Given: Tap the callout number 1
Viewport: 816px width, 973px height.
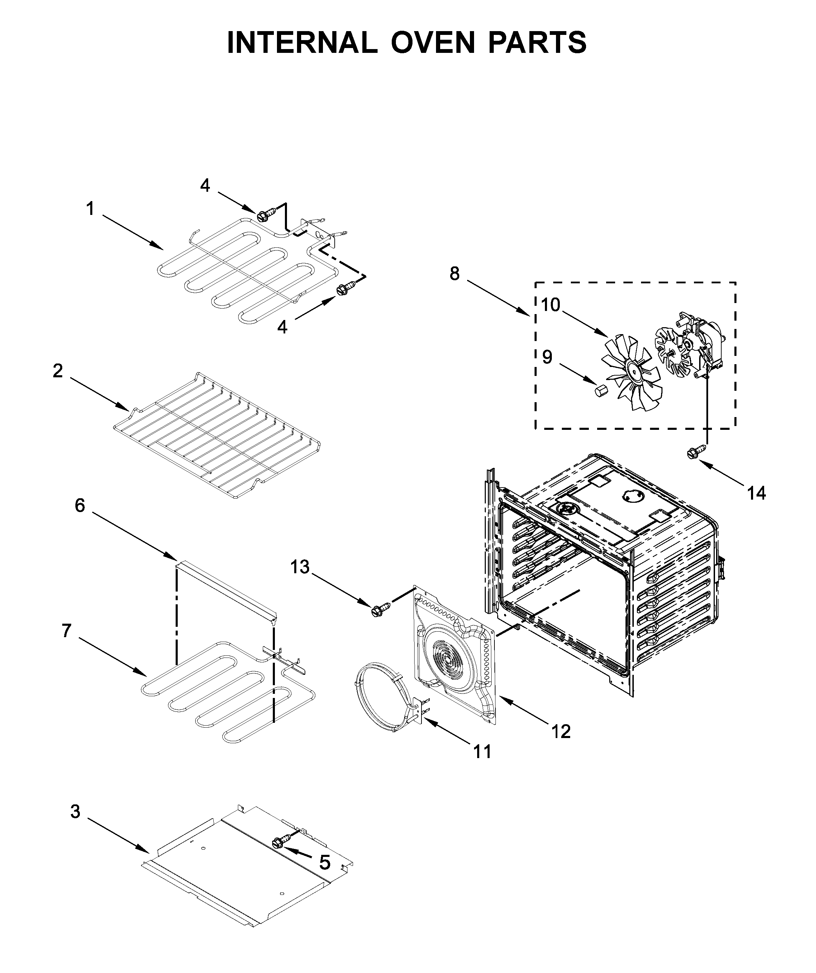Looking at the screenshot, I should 90,209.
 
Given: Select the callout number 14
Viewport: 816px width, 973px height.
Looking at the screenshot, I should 756,493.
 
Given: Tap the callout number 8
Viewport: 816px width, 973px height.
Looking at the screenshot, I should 454,274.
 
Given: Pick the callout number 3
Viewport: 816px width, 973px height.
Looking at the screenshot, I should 75,812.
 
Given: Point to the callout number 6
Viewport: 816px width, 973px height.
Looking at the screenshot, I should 80,506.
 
